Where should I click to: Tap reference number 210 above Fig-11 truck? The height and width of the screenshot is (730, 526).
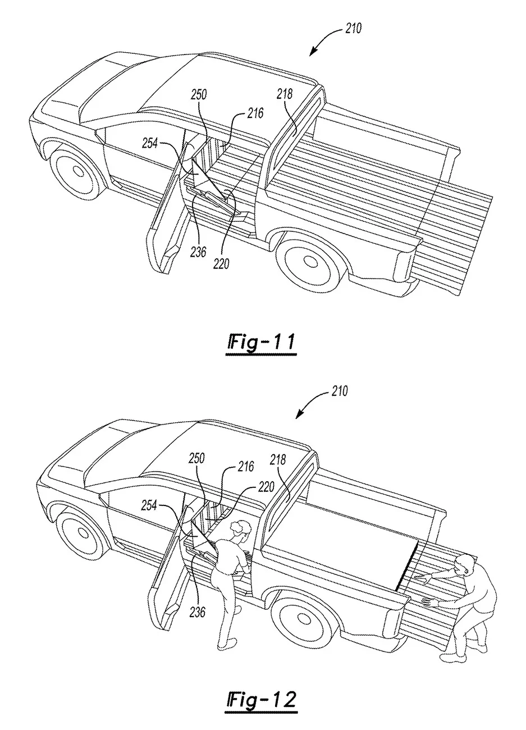354,28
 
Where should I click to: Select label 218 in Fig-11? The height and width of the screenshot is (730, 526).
285,94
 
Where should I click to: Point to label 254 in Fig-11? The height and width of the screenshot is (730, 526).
150,144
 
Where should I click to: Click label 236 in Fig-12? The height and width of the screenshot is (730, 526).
197,611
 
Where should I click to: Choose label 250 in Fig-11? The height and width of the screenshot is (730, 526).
198,94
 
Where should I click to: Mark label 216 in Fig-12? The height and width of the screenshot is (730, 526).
246,467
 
